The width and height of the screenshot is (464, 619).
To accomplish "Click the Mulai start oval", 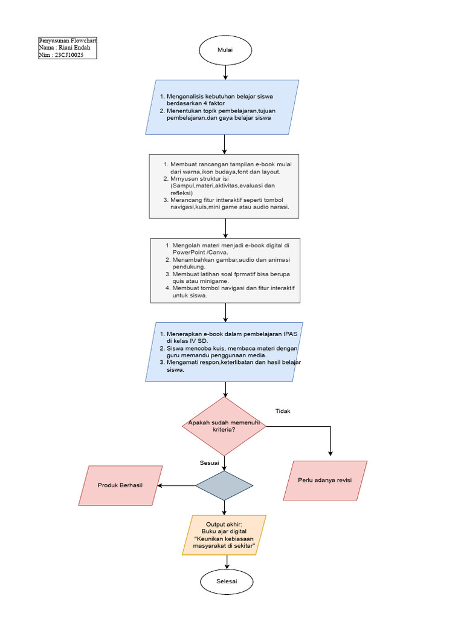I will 225,50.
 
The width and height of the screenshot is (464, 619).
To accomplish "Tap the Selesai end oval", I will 227,582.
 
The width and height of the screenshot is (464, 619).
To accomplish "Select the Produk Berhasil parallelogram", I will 121,485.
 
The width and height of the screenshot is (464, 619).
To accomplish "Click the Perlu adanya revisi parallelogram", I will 325,481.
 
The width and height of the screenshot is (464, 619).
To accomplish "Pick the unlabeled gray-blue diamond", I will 224,485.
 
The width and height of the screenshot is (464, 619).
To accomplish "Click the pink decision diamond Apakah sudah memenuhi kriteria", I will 224,426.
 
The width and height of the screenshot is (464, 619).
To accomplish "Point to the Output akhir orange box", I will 224,535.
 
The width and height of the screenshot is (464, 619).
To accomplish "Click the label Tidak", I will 283,411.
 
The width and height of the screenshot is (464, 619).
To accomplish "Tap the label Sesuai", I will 209,462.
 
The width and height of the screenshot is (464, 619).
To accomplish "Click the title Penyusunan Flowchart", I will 67,41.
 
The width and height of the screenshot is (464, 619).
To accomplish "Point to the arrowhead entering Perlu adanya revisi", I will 330,453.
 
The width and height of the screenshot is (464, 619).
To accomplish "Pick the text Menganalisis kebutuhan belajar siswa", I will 222,97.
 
